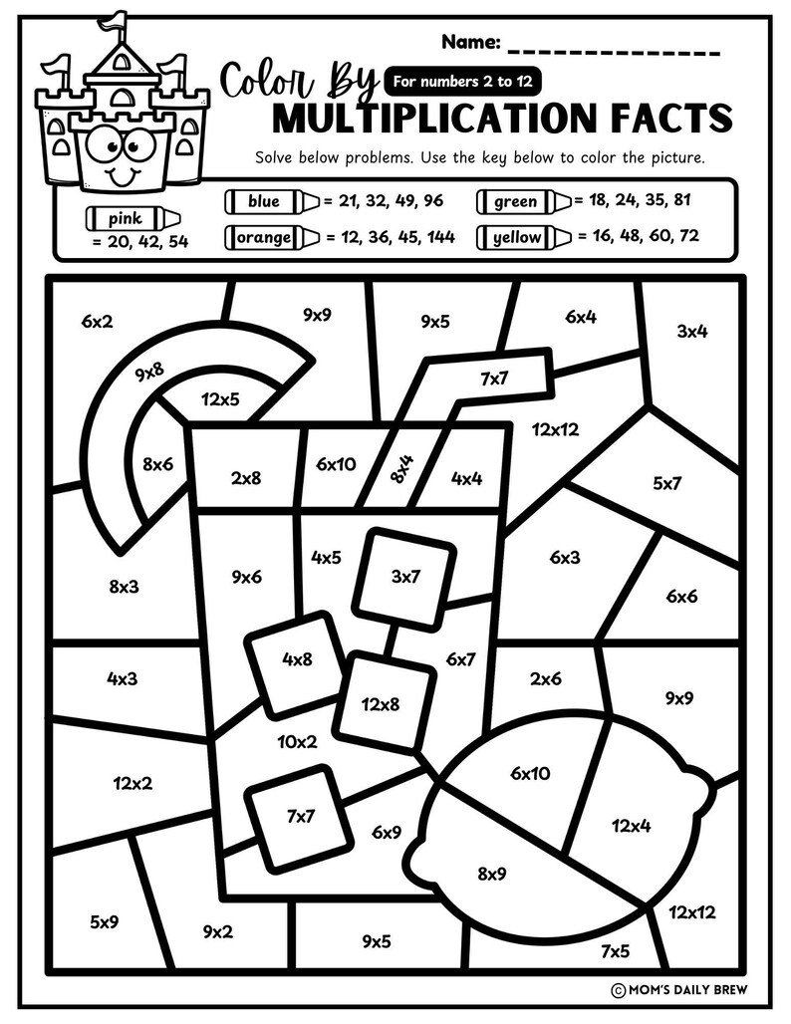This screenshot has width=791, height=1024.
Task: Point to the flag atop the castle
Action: pyautogui.click(x=117, y=21)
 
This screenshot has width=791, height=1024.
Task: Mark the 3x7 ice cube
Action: pyautogui.click(x=405, y=577)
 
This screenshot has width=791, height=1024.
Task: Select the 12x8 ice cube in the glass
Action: pyautogui.click(x=381, y=703)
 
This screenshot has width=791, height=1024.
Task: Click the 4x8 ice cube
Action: pyautogui.click(x=297, y=659)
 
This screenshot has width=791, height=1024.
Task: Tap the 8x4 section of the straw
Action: pyautogui.click(x=402, y=465)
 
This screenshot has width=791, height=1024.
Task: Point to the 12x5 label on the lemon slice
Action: pyautogui.click(x=220, y=400)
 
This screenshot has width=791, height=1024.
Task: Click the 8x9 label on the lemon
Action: pyautogui.click(x=492, y=874)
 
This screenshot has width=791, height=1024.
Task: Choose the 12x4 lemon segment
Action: pyautogui.click(x=631, y=825)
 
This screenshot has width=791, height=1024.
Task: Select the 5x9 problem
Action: pyautogui.click(x=105, y=921)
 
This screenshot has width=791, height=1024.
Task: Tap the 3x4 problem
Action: pyautogui.click(x=691, y=332)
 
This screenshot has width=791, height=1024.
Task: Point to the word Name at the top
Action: pyautogui.click(x=469, y=43)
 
